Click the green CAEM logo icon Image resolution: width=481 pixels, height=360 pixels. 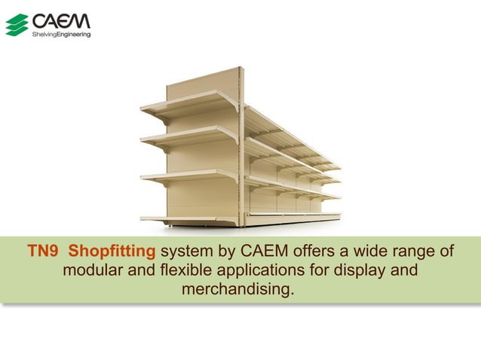[x=17, y=25]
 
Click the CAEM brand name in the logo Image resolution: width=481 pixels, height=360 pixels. [x=61, y=20]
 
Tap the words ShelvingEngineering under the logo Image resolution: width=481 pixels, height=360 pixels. [x=60, y=34]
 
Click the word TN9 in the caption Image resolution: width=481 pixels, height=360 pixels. [x=43, y=251]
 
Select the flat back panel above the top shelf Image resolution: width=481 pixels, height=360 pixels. [x=204, y=83]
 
